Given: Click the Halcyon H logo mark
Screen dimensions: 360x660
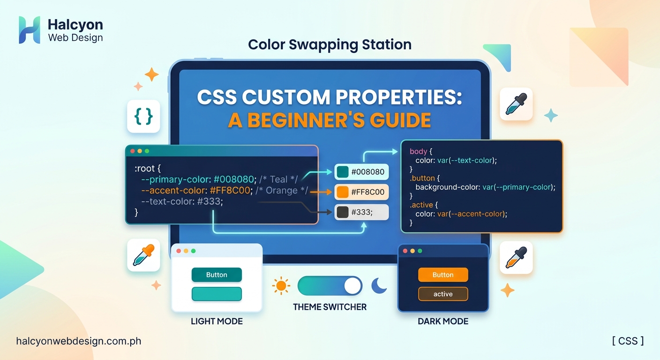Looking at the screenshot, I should click(29, 30).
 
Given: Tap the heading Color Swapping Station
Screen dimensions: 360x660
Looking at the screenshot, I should click(330, 45).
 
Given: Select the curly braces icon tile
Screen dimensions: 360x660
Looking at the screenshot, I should click(143, 116).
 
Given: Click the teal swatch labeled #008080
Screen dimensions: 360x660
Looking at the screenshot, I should click(343, 172).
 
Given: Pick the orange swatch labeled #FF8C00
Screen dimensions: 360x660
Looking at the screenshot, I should click(343, 192).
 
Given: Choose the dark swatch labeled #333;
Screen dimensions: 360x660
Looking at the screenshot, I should click(343, 212).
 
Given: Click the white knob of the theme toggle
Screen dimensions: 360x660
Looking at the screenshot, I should click(352, 285).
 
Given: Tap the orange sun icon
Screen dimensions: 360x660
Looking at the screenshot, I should click(281, 285).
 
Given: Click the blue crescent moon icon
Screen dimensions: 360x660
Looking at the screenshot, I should click(379, 285).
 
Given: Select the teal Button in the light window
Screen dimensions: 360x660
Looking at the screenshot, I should click(217, 275).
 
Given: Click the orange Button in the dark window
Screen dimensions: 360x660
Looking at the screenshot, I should click(443, 275).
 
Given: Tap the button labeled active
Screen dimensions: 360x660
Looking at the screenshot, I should click(443, 294).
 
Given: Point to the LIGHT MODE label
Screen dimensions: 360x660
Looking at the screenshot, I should click(217, 322).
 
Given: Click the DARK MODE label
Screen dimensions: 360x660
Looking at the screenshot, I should click(443, 322).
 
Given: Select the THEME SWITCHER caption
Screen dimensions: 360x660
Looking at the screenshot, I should click(330, 307).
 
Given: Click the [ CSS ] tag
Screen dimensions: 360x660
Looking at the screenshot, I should click(628, 341).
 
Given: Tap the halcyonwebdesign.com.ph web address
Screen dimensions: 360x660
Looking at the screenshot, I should click(78, 341).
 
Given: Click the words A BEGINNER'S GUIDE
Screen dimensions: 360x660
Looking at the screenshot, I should click(330, 120).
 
